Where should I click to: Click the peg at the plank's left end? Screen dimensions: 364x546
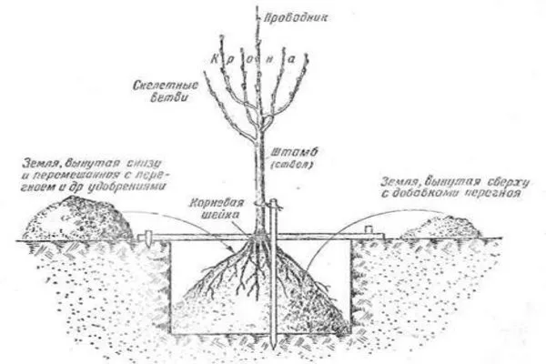(x=145, y=238)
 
